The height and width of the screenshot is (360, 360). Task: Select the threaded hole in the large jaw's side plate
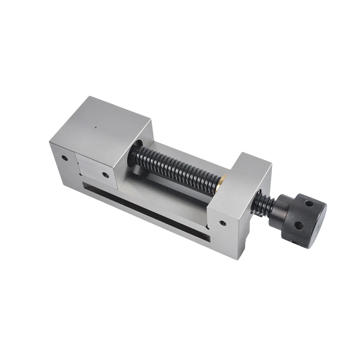[105, 175]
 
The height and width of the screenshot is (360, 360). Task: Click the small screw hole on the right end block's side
[222, 223]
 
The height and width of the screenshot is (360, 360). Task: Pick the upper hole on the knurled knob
[308, 204]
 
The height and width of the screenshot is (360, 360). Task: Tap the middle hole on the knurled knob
[298, 226]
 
